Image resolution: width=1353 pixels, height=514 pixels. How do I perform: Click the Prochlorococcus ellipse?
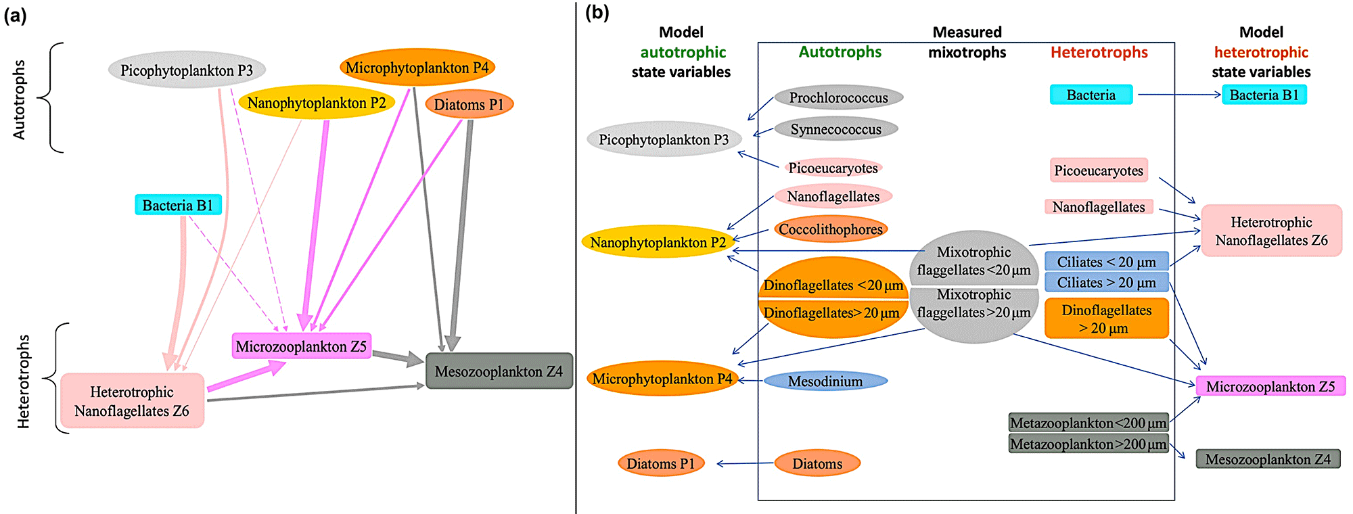coord(838,97)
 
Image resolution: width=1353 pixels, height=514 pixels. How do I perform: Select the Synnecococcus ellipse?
coord(835,129)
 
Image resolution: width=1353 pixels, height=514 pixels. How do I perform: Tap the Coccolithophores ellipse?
coord(830,229)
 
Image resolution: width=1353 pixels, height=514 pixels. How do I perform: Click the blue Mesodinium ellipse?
coord(825,381)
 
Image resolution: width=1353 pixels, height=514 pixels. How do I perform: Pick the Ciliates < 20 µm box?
coord(1106,262)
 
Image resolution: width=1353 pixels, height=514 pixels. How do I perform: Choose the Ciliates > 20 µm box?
coord(1106,283)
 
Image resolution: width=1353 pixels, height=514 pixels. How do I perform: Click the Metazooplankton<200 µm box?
coord(1088,423)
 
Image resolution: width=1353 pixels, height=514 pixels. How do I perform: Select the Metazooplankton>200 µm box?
coord(1088,444)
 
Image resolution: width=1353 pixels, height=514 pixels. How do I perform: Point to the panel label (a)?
coord(15,15)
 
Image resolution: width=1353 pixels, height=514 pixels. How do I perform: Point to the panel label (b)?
coord(597,12)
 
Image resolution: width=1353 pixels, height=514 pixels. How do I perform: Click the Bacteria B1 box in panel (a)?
coord(178,205)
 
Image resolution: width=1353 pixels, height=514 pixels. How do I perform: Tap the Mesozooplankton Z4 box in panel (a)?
coord(499,371)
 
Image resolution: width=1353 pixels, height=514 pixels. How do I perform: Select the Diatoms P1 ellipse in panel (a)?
coord(469,105)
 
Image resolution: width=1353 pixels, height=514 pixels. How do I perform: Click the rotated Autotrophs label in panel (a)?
coord(19,99)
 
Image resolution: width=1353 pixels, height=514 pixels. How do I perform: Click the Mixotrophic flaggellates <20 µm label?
coord(973,261)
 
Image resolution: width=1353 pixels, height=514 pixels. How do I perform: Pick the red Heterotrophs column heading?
coord(1099,52)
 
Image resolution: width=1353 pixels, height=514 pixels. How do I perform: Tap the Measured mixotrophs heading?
coord(967,42)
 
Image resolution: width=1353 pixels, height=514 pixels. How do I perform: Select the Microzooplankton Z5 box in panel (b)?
coord(1270,386)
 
